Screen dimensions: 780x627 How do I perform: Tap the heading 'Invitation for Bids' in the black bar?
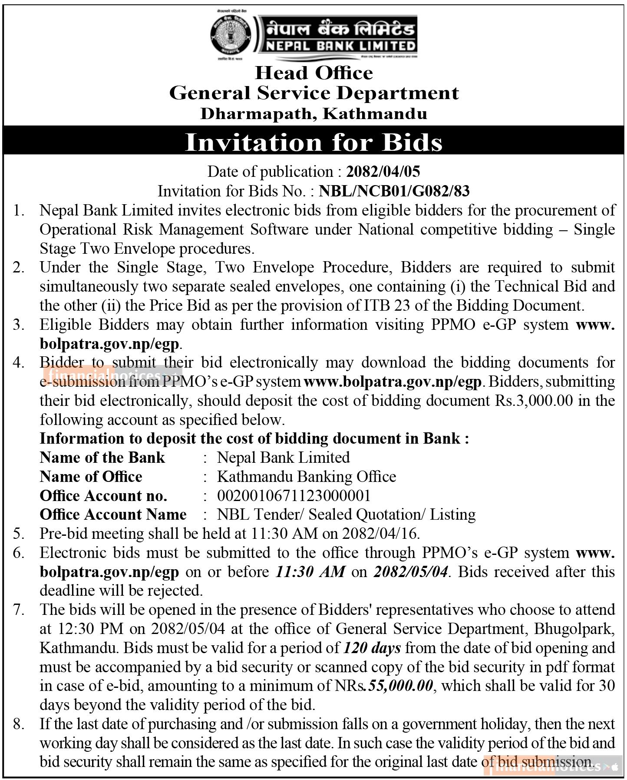pos(313,142)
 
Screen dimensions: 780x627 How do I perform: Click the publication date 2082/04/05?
pos(383,172)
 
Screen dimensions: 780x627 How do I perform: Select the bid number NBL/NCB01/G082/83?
pos(394,191)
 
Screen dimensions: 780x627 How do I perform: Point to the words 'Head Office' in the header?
pos(313,73)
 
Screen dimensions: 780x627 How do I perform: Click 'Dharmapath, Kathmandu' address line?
pos(313,113)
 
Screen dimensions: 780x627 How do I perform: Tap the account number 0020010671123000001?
pos(294,495)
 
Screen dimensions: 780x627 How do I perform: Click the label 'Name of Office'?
pos(91,477)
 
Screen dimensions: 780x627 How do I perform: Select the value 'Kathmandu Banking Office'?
pos(306,477)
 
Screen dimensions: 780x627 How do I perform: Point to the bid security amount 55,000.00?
pos(400,686)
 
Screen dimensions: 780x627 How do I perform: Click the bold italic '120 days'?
pos(372,648)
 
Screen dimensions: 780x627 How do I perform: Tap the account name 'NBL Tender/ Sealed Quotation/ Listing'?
pos(346,514)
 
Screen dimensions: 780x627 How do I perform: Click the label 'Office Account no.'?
pos(103,495)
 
